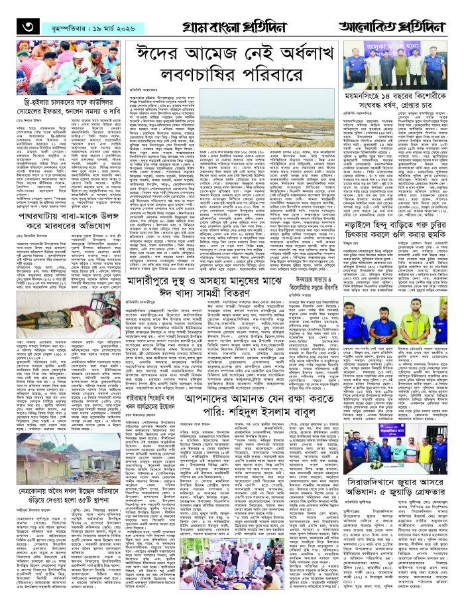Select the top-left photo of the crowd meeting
(62, 66)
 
